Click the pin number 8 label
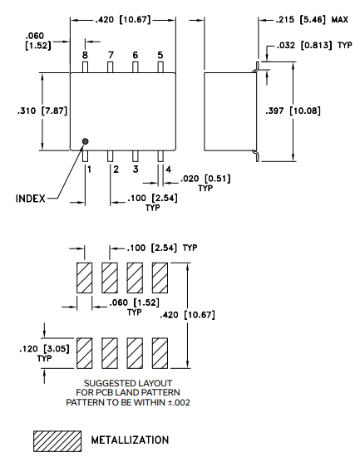[x=85, y=55]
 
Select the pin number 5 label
[x=160, y=55]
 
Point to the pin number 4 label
[x=168, y=170]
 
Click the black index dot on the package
[x=85, y=142]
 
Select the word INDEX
[x=32, y=199]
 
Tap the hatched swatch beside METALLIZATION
[x=53, y=440]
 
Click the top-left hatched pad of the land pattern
[x=84, y=278]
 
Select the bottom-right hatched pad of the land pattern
[x=160, y=354]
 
